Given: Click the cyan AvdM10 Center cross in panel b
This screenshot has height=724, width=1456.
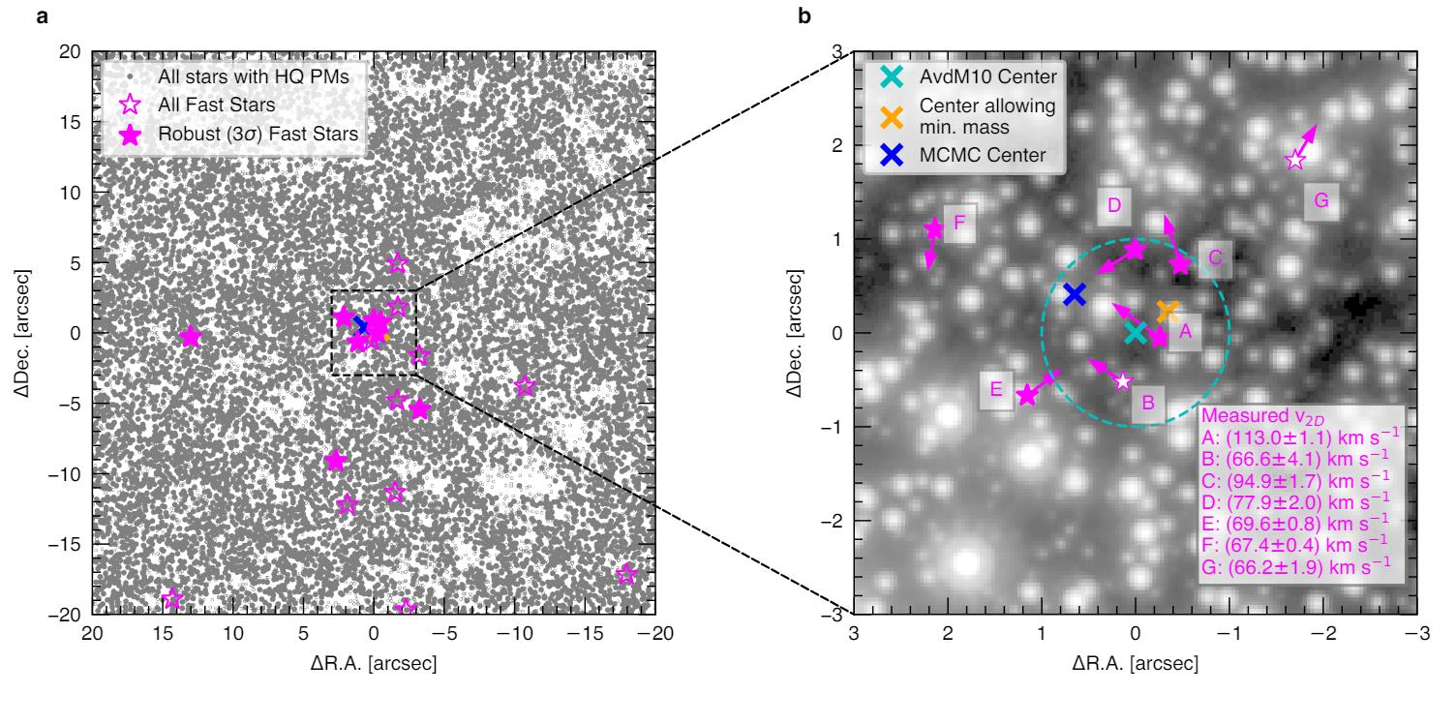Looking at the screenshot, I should coord(1135,333).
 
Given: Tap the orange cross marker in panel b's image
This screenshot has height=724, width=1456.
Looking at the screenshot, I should coord(1168,312).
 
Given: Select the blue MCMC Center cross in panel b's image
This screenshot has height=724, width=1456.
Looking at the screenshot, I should coord(1074,294).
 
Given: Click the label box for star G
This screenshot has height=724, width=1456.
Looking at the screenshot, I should coord(1321,201).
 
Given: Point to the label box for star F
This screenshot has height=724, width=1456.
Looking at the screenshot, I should coord(959,222).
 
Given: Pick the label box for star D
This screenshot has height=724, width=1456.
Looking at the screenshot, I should coord(1114,205).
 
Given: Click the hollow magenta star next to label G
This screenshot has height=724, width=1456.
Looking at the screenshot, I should coord(1295,160).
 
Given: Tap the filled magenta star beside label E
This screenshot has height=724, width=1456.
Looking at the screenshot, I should coord(1028,394).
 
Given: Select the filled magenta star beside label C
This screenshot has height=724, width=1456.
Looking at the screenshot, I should coord(1180,264).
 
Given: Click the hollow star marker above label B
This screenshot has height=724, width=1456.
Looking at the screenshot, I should coord(1122,381).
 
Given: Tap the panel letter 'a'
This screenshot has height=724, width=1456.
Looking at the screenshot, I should coord(42,15).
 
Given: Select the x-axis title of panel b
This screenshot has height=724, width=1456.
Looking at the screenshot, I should coord(1135,665).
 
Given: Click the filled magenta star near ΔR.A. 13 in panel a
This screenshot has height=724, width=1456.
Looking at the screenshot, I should coord(191,337).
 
